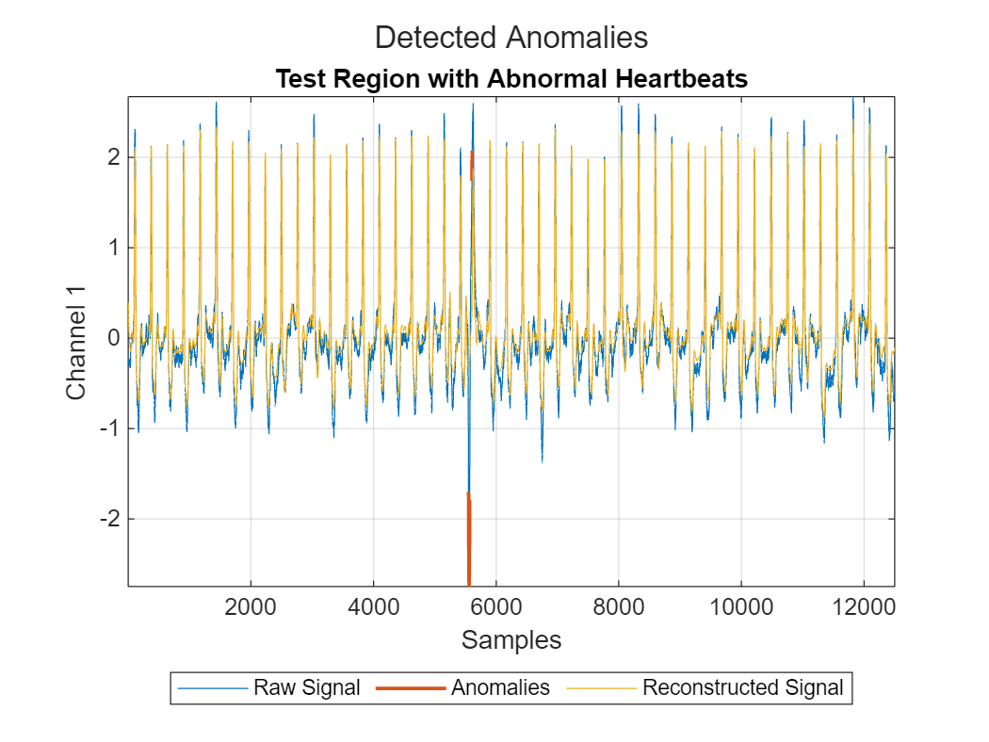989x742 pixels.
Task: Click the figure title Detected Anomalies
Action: point(511,38)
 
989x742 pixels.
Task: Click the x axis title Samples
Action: point(511,640)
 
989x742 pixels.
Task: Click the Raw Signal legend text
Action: point(306,687)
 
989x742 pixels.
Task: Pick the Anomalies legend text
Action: point(500,687)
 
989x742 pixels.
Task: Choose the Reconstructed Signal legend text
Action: point(742,687)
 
